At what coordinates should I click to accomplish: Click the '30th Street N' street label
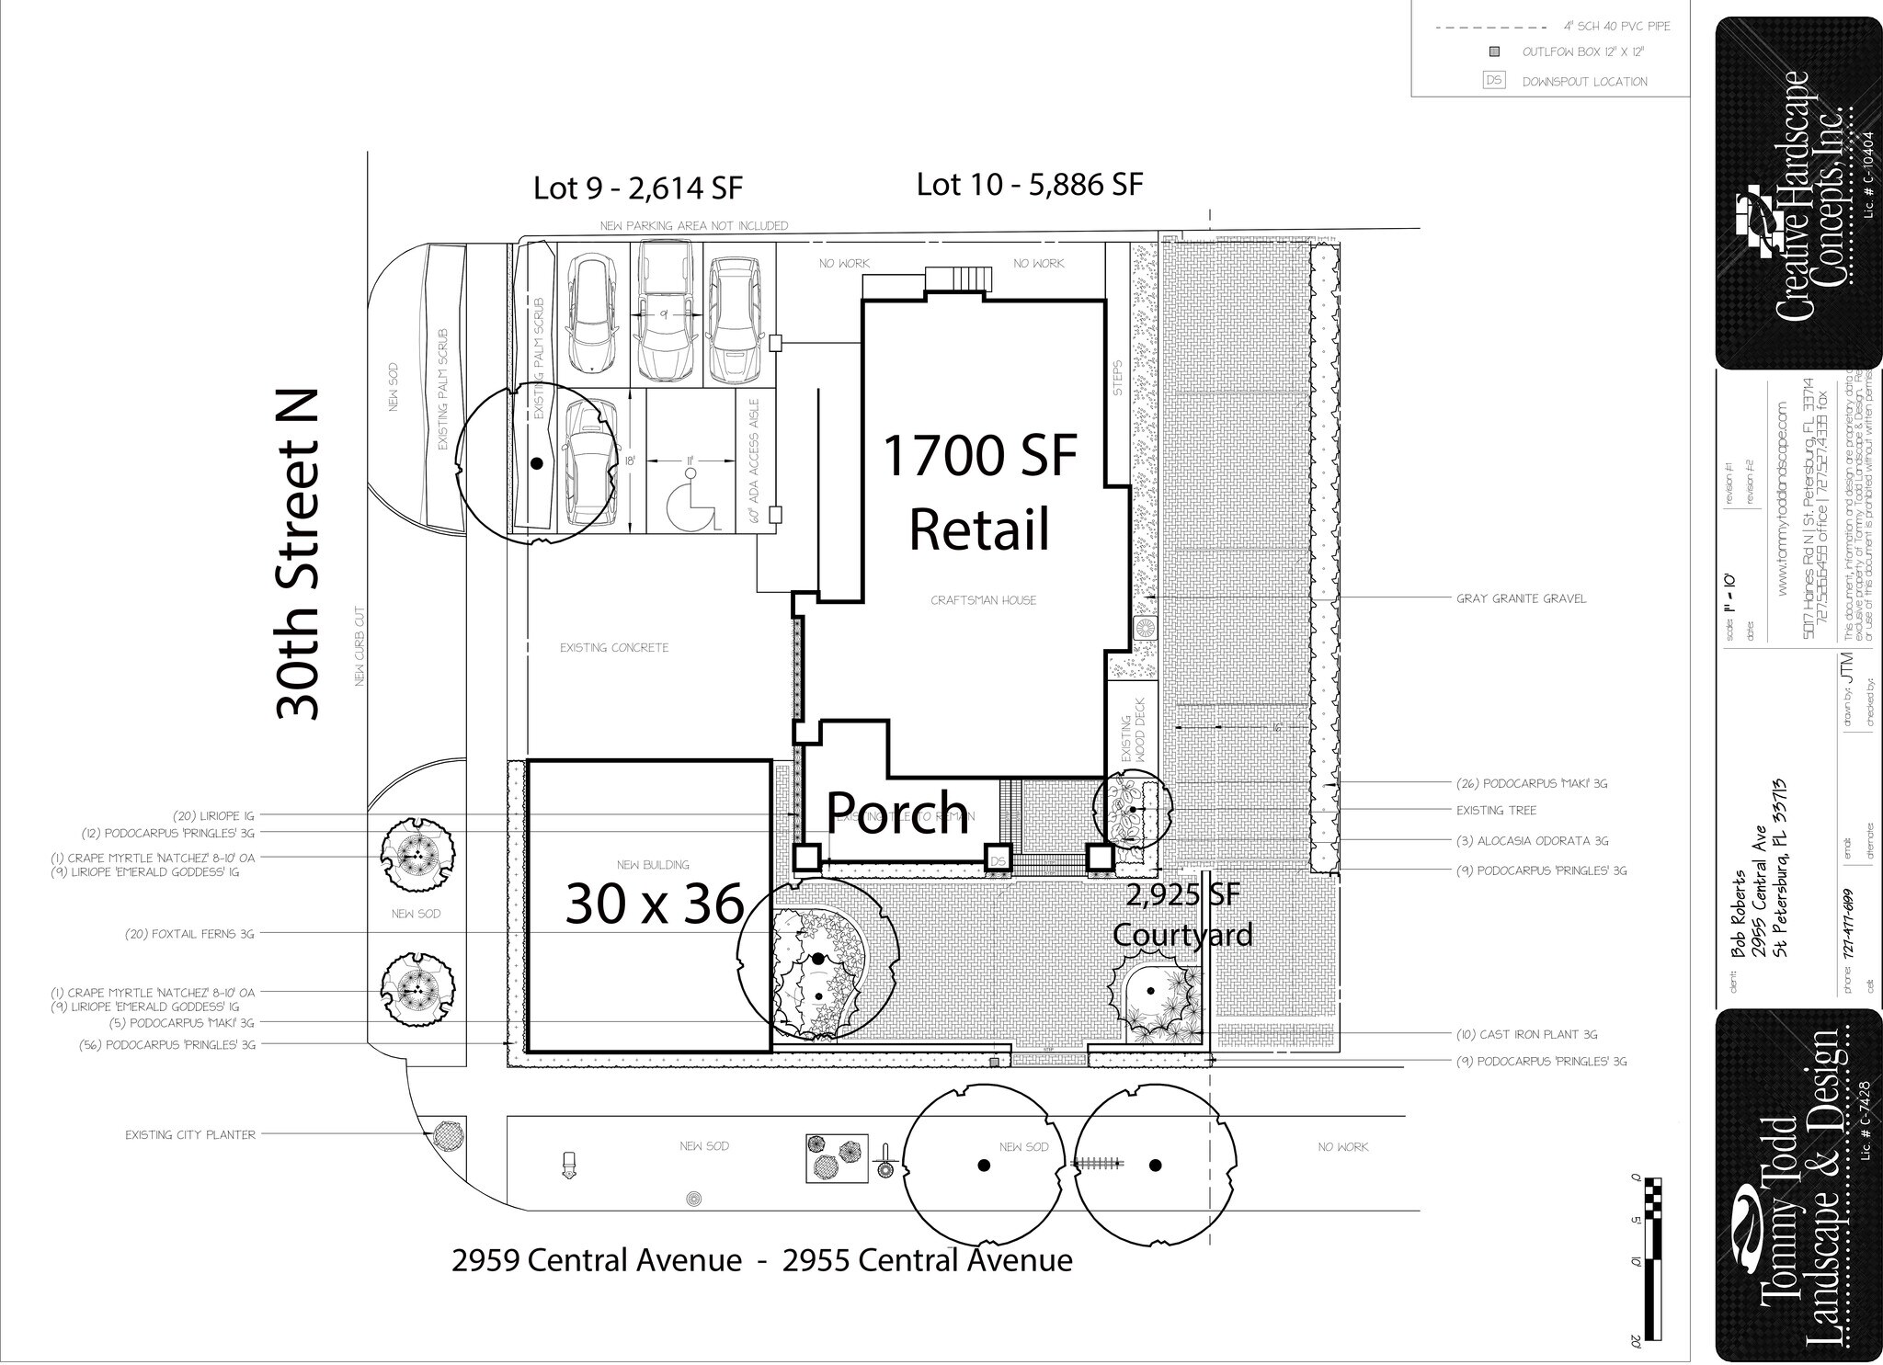tap(297, 554)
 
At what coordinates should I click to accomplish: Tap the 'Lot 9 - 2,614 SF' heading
tap(637, 188)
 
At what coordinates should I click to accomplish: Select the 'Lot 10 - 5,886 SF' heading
tap(1029, 185)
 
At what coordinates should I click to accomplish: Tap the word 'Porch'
tap(897, 812)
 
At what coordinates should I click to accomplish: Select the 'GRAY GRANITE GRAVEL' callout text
tap(1521, 598)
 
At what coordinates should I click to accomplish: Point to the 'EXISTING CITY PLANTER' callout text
tap(190, 1135)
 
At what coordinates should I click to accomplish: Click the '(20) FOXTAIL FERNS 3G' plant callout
tap(189, 934)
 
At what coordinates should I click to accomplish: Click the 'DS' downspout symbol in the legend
tap(1494, 81)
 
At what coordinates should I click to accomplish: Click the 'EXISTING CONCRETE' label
tap(614, 648)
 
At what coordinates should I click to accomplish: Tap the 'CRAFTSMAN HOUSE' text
tap(983, 600)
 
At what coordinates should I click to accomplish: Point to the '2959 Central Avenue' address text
tap(596, 1259)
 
